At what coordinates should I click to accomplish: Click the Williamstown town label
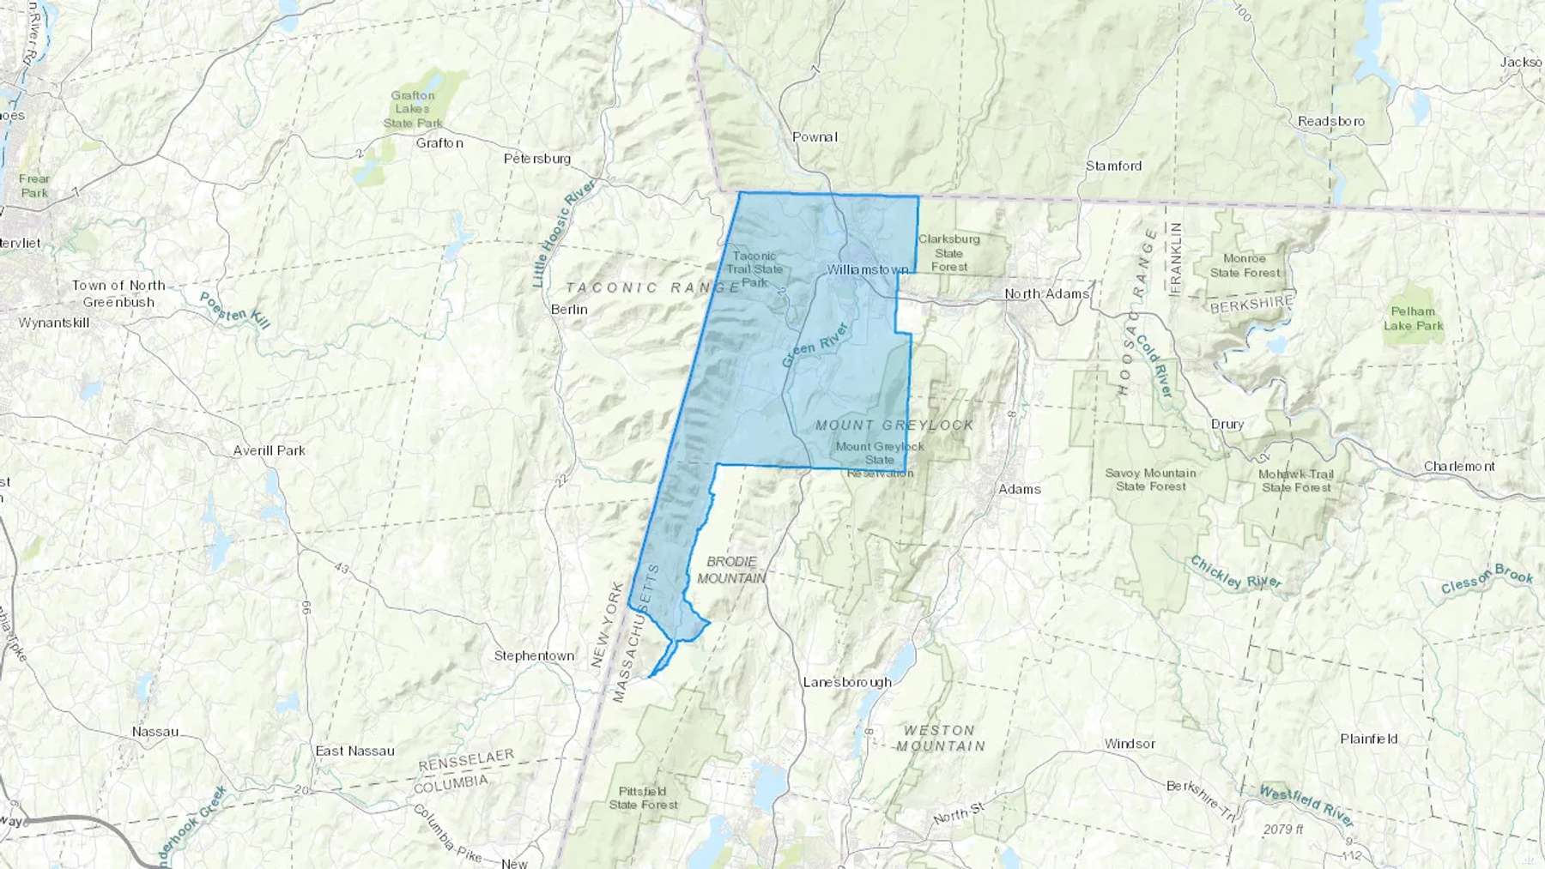pos(867,269)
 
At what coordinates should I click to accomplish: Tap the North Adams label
pos(1046,293)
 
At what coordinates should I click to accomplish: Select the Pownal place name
pos(815,136)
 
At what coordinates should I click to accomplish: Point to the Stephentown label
pos(534,655)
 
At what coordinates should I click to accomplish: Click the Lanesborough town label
pos(847,682)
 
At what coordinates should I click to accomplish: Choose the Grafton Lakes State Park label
pos(413,109)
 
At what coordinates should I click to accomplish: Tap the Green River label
pos(815,345)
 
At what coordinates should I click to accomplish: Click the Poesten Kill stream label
pos(234,311)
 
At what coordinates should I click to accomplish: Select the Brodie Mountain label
pos(731,570)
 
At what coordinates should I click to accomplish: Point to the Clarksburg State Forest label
pos(949,253)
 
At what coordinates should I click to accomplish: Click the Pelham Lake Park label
pos(1413,318)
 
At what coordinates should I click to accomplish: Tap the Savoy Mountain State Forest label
pos(1150,480)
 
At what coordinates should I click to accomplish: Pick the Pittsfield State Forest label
pos(643,798)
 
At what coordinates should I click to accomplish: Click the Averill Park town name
pos(270,450)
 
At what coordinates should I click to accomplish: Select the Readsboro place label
pos(1331,121)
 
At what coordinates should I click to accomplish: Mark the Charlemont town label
pos(1459,466)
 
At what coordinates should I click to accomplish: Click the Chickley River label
pos(1235,572)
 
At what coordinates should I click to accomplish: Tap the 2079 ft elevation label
pos(1283,830)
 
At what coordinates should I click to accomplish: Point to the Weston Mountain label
pos(940,738)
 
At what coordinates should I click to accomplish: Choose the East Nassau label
pos(354,751)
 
